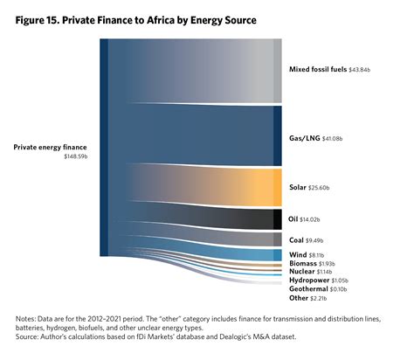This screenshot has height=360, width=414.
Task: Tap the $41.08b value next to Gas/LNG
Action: pos(338,138)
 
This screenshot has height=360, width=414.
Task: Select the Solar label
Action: pos(298,188)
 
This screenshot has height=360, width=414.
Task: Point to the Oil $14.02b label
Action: pos(306,218)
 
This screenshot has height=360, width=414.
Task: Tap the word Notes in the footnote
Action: pos(26,319)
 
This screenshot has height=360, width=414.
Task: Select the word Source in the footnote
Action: pos(29,336)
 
